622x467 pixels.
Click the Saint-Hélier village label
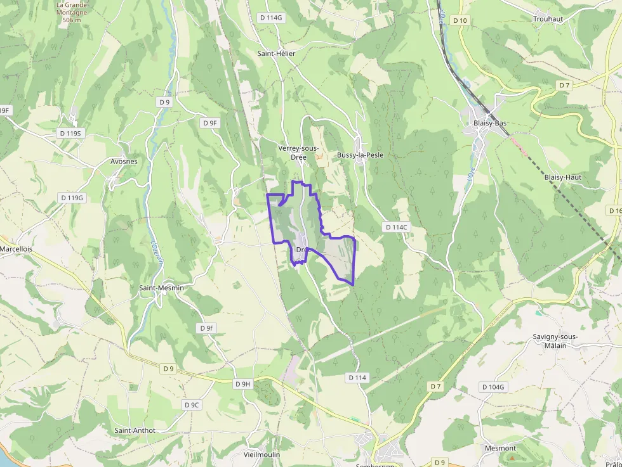[x=276, y=53]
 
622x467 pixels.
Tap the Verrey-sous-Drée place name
[x=298, y=152]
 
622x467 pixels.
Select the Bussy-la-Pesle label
[x=360, y=155]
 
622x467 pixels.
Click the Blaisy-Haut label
[x=562, y=177]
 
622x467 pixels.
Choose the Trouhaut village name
[x=548, y=19]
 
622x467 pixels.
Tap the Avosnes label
[x=124, y=161]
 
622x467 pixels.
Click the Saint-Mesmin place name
[x=161, y=288]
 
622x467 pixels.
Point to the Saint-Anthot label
[x=135, y=430]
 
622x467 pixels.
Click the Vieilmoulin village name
[x=262, y=455]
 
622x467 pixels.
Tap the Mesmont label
[x=500, y=448]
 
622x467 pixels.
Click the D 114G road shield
[x=271, y=18]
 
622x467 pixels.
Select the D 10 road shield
[x=460, y=20]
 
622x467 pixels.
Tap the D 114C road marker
[x=396, y=227]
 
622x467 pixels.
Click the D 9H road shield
[x=243, y=384]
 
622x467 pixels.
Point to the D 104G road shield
[x=493, y=387]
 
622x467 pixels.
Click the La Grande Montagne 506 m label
[x=72, y=12]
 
